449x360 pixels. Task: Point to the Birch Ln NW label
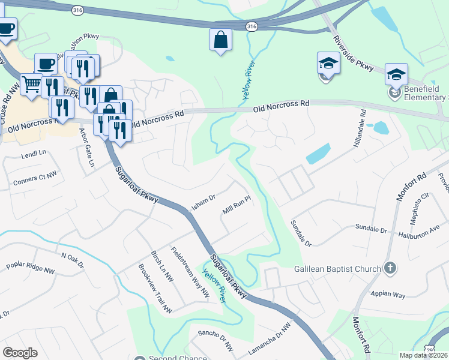click(162, 266)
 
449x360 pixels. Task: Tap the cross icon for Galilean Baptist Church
click(390, 268)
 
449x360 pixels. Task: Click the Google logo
click(20, 353)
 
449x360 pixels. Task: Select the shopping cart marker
click(31, 84)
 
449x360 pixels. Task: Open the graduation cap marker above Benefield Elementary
click(396, 74)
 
